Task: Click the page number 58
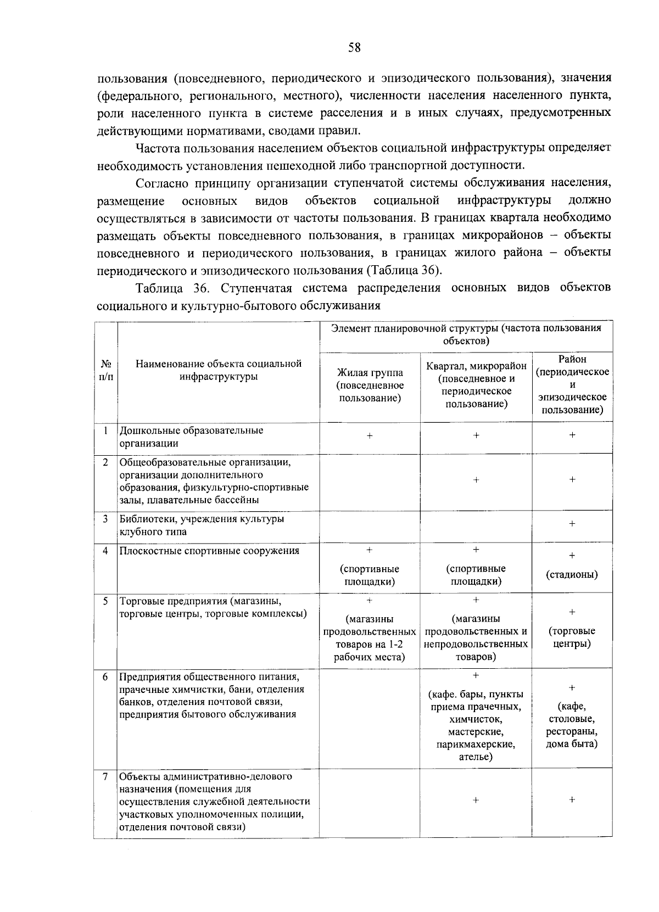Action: [354, 48]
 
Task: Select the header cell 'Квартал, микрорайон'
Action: [476, 366]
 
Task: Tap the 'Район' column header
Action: [572, 359]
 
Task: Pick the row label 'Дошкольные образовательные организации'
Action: [192, 437]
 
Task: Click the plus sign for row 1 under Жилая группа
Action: [370, 435]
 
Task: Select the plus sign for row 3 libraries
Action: [572, 524]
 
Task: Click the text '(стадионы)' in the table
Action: [572, 574]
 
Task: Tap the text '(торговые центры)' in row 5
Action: [572, 637]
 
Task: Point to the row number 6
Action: [105, 676]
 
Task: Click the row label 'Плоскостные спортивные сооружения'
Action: [210, 551]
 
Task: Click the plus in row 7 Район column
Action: [572, 800]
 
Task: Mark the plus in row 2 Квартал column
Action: [476, 480]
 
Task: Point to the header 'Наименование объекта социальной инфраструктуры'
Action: [219, 370]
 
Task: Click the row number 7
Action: [105, 776]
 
